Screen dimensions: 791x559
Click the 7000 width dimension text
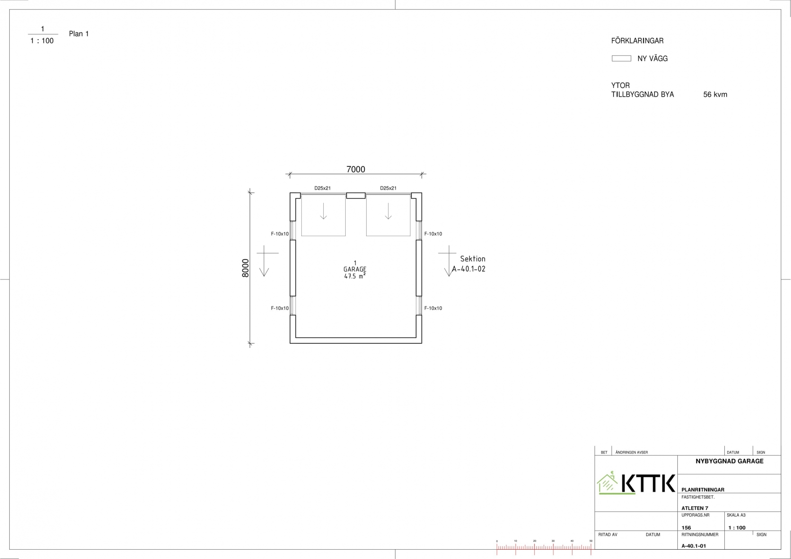355,170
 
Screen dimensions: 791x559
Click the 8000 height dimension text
245,268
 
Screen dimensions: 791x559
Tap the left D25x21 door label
322,188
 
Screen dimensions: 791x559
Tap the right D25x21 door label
388,188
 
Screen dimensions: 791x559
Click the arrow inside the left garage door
323,211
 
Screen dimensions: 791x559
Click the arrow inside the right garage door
389,211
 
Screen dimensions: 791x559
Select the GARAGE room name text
355,269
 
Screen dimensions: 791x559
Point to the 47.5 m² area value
355,276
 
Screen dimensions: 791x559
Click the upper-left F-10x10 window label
280,234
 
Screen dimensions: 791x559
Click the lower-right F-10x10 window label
433,308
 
